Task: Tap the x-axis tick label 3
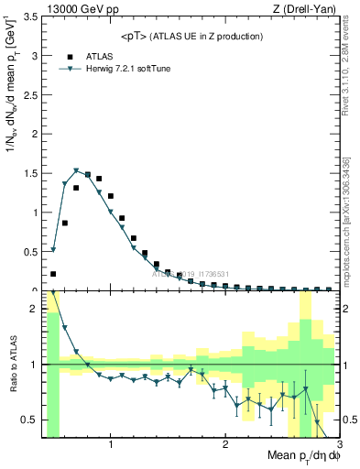coord(340,444)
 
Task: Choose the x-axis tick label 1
coord(111,444)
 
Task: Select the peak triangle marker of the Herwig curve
coord(76,170)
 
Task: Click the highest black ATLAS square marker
coord(88,174)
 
